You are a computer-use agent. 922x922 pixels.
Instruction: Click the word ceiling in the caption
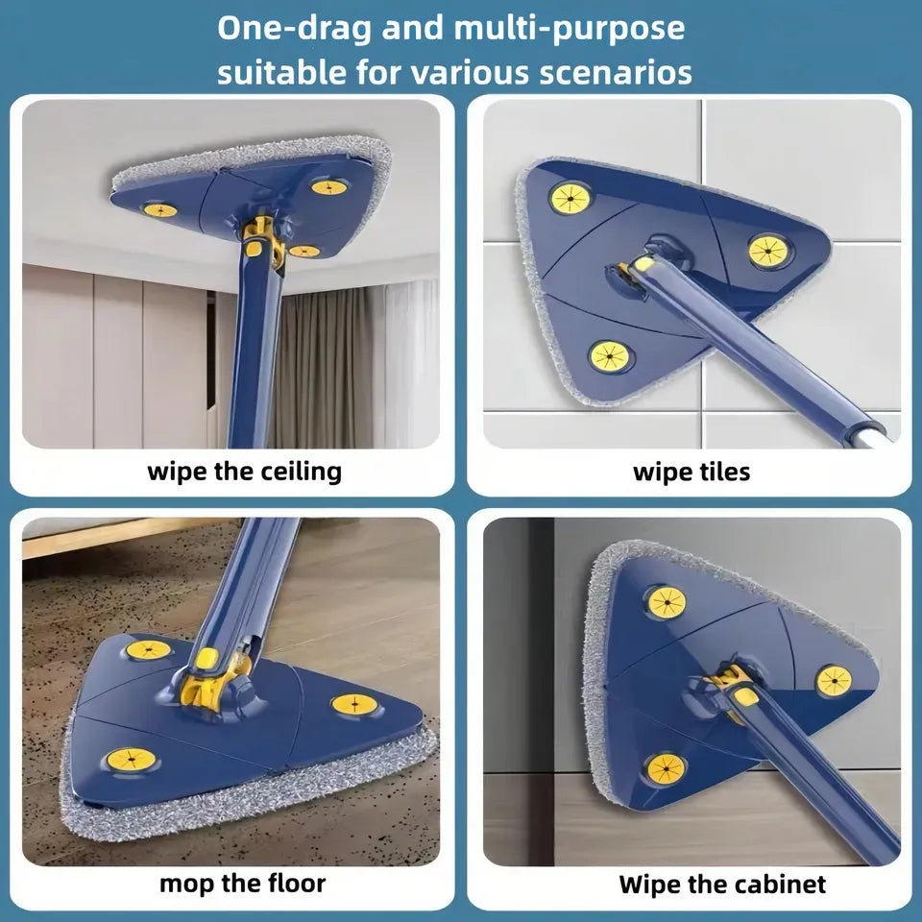click(x=302, y=472)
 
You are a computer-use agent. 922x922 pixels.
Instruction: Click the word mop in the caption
click(x=183, y=884)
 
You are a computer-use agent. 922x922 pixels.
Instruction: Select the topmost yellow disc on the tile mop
click(x=569, y=198)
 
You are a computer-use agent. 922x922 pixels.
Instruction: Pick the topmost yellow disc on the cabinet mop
click(x=667, y=602)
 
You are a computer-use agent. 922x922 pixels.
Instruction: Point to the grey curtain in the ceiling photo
click(x=336, y=365)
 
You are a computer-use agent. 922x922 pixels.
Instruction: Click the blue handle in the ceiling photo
click(x=252, y=355)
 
